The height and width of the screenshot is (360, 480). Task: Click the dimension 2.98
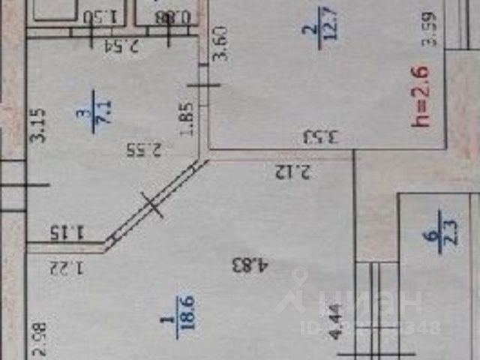coord(40,336)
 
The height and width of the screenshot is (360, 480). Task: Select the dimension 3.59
coord(429,30)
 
